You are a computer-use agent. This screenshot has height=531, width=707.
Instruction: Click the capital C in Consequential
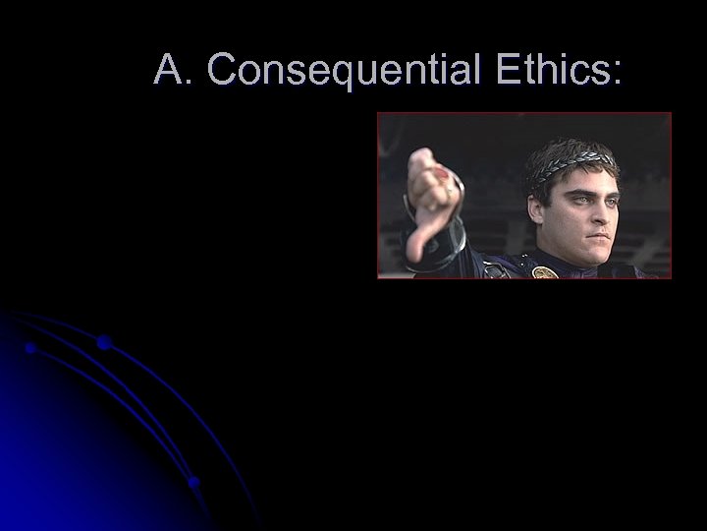click(224, 70)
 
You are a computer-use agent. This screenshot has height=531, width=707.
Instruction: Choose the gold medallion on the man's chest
click(545, 271)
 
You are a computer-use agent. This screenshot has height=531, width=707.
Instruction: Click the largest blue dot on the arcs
click(103, 342)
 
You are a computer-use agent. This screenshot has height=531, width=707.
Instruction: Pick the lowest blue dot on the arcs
click(193, 482)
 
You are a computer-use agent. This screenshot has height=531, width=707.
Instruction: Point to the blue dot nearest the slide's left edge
click(31, 347)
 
